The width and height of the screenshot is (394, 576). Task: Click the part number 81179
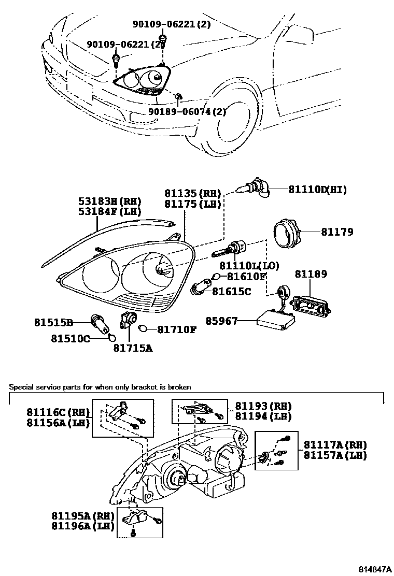(337, 232)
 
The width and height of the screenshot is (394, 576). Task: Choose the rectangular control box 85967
(273, 320)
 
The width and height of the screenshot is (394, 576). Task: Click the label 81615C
(231, 292)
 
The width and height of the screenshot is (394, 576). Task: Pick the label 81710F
(177, 329)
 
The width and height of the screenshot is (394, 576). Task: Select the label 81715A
(133, 348)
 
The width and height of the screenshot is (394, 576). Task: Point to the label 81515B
(54, 322)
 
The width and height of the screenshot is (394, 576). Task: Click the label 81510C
(71, 339)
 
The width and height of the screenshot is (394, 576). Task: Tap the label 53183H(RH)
(109, 201)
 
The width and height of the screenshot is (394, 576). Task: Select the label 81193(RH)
(263, 406)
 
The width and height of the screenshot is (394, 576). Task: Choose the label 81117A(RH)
(335, 445)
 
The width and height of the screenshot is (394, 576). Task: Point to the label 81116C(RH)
(59, 412)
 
